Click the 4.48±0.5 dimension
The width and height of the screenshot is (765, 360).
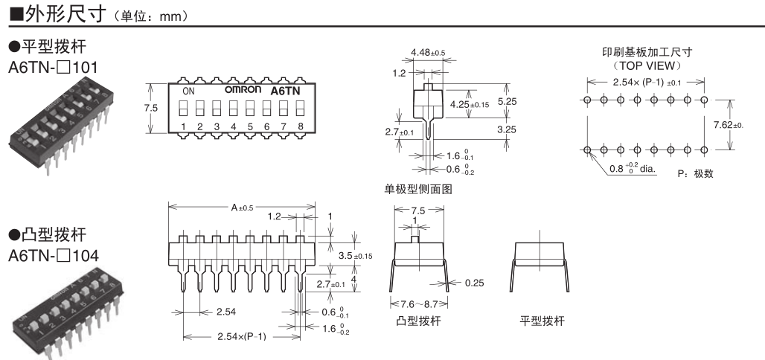[x=428, y=52]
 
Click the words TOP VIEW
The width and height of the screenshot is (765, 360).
[x=644, y=65]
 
